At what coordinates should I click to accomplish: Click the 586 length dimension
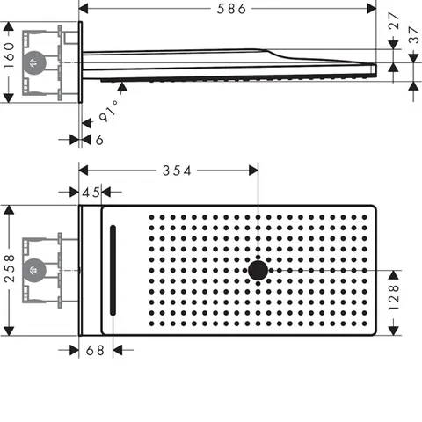(x=231, y=9)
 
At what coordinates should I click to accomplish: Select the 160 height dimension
(x=9, y=55)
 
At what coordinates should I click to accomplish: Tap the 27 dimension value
(x=394, y=20)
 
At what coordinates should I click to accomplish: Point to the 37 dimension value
(x=413, y=35)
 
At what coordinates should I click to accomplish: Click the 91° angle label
(x=109, y=111)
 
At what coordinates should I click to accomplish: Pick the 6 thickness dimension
(x=99, y=140)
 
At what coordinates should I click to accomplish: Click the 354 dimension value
(x=177, y=171)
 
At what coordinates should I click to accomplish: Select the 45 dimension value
(x=91, y=193)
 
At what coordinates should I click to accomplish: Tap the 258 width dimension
(x=10, y=268)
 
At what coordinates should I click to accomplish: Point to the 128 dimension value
(x=393, y=297)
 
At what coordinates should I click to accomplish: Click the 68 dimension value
(x=95, y=350)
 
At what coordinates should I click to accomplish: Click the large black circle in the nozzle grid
(x=258, y=271)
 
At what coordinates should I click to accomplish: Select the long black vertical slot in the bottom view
(x=113, y=270)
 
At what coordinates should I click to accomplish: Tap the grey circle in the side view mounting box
(x=34, y=62)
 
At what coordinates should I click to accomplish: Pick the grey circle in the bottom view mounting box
(x=34, y=270)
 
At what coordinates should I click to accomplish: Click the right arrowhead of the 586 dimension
(x=372, y=9)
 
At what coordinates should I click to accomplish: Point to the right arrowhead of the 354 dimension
(x=253, y=171)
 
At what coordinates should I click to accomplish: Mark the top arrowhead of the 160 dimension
(x=9, y=26)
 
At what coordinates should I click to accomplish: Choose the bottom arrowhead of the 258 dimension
(x=9, y=331)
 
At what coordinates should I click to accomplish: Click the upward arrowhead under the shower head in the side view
(x=122, y=87)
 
